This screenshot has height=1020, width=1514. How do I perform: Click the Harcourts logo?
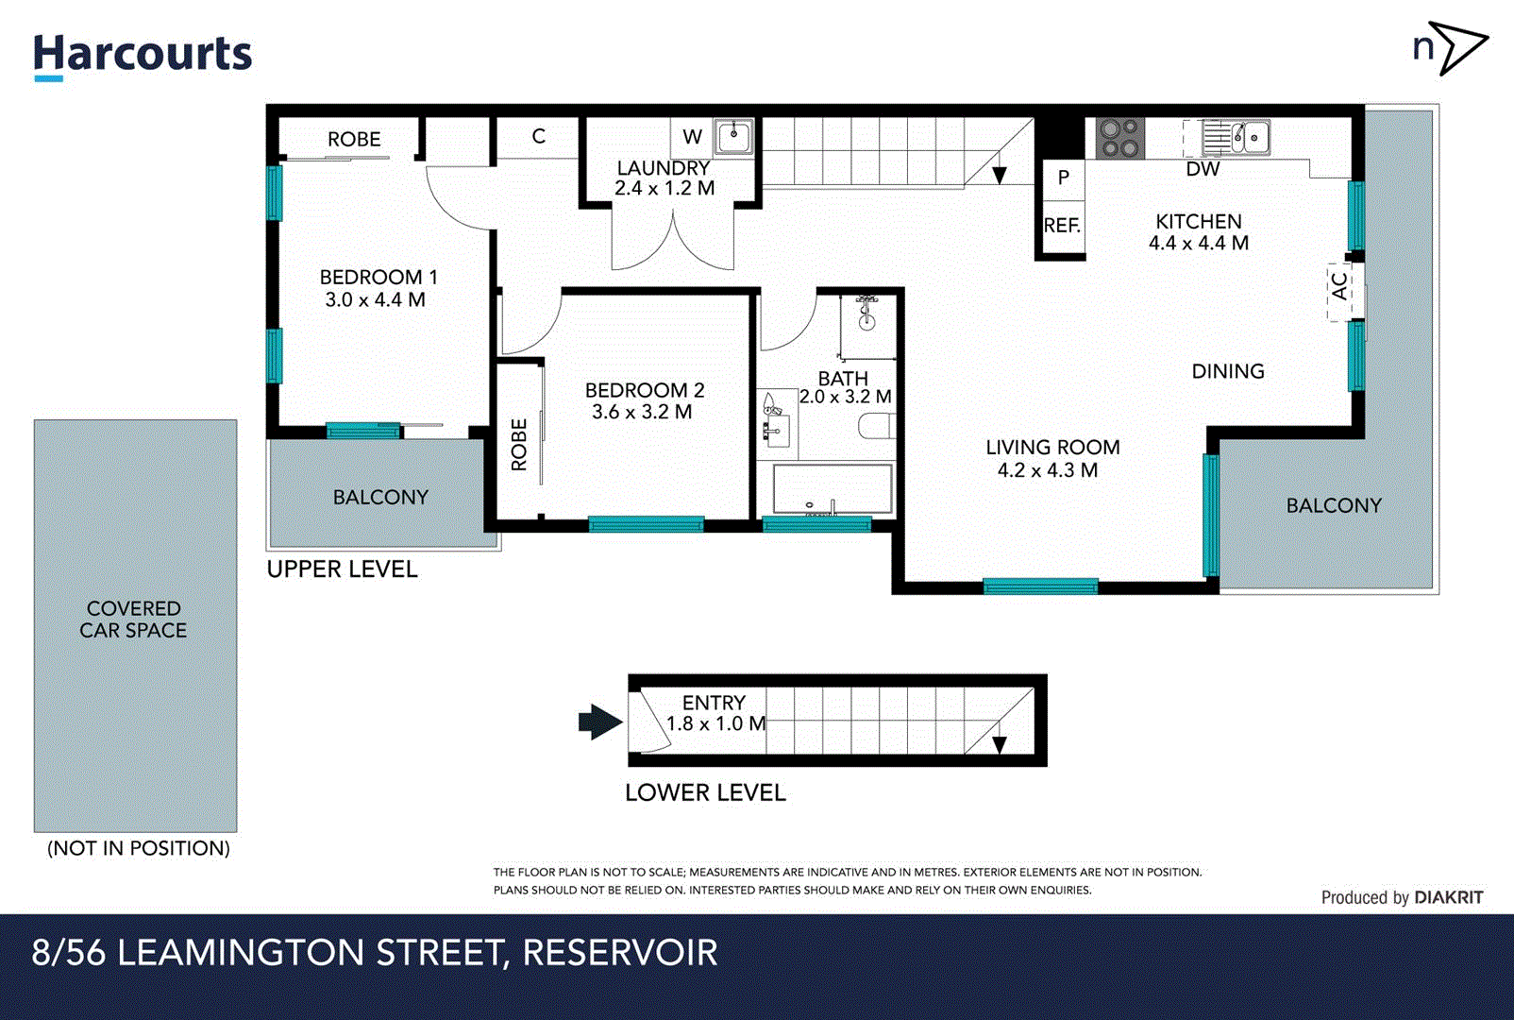click(143, 56)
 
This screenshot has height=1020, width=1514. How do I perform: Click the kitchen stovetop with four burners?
click(1120, 138)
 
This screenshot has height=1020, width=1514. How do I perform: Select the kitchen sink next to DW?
click(1236, 138)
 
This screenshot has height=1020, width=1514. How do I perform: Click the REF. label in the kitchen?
click(1062, 226)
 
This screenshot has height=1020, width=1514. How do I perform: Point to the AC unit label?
click(1339, 286)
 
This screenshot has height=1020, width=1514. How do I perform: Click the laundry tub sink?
click(733, 138)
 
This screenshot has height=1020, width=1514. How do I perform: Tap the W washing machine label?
click(692, 137)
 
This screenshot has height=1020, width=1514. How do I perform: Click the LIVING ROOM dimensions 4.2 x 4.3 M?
click(1048, 470)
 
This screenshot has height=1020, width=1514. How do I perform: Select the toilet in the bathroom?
click(874, 427)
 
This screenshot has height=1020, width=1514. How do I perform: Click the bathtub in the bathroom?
click(833, 489)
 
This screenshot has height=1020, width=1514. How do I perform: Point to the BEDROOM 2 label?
click(645, 390)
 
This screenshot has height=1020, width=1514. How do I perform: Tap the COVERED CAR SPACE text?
click(133, 620)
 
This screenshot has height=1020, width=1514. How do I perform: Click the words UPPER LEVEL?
click(342, 569)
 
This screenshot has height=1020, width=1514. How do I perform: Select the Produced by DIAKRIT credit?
click(1402, 897)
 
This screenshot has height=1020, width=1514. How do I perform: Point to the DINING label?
click(1227, 371)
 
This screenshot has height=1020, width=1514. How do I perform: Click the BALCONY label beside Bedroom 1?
click(380, 497)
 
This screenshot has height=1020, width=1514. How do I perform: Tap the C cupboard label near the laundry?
click(538, 136)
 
